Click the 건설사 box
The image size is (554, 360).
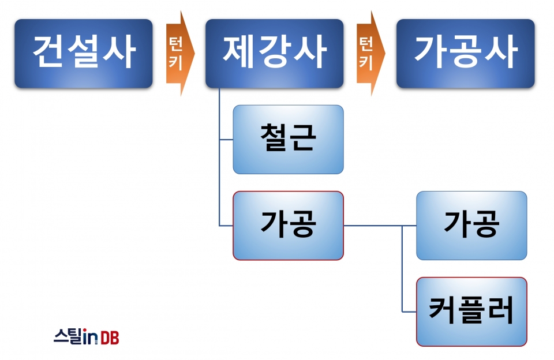[83, 53]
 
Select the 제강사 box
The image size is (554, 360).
[275, 53]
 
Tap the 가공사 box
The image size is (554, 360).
[465, 53]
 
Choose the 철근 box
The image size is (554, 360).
[289, 140]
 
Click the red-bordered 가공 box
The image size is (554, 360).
[289, 226]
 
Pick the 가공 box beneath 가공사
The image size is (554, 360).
[471, 226]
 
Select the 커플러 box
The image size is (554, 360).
[471, 312]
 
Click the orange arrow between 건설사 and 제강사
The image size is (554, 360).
[180, 53]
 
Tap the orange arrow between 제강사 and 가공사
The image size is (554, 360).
[370, 53]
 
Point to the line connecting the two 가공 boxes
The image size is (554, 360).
[380, 226]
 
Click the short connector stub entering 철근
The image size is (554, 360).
[226, 140]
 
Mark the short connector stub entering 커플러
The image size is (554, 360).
[409, 312]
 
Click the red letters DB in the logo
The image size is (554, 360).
[110, 337]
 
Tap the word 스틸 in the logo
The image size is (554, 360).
[68, 336]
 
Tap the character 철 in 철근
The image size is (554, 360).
[273, 137]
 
